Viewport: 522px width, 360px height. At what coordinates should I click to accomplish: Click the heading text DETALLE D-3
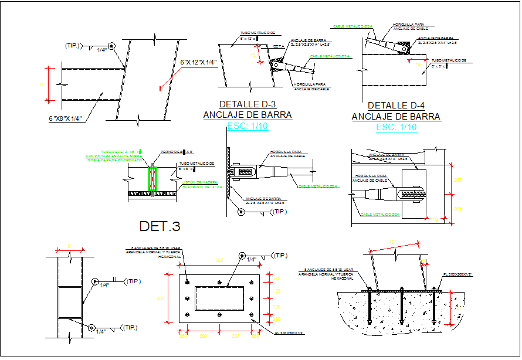point(248,104)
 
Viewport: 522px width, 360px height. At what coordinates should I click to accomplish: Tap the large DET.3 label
point(160,226)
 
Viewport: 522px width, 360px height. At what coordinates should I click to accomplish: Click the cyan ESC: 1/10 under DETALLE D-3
point(247,126)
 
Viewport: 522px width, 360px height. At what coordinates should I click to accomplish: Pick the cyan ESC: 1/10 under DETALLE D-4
point(396,128)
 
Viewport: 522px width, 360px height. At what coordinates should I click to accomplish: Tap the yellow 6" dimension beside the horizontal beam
point(43,85)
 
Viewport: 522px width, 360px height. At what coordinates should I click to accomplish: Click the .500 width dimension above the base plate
point(219,260)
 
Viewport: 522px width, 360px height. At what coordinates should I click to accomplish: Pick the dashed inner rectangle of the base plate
point(219,298)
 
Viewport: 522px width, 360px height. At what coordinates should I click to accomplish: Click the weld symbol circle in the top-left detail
point(112,46)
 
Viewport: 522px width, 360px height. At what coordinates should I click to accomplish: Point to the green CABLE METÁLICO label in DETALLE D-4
point(352,26)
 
